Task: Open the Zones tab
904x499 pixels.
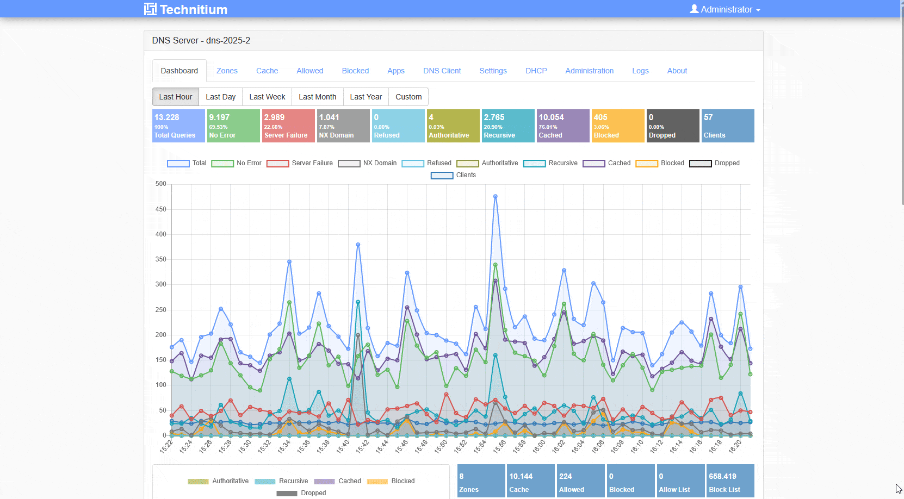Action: (x=227, y=71)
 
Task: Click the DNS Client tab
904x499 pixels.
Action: (x=442, y=71)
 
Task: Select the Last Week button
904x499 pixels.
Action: (x=267, y=97)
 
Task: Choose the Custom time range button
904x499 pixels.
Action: (x=408, y=97)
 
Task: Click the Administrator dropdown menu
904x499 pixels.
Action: (x=725, y=9)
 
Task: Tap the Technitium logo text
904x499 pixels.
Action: (x=193, y=9)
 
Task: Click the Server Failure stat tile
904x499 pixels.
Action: (x=288, y=126)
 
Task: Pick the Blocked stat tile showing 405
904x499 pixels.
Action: (x=617, y=126)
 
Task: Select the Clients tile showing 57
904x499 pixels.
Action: (x=728, y=126)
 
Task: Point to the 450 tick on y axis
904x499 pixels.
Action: (x=161, y=209)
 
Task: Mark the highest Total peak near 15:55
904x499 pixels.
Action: (x=495, y=196)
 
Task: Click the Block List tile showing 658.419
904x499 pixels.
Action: (x=729, y=481)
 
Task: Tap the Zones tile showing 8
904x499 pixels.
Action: (x=481, y=481)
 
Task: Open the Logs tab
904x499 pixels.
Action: (x=640, y=71)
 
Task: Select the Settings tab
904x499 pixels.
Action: (x=493, y=71)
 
